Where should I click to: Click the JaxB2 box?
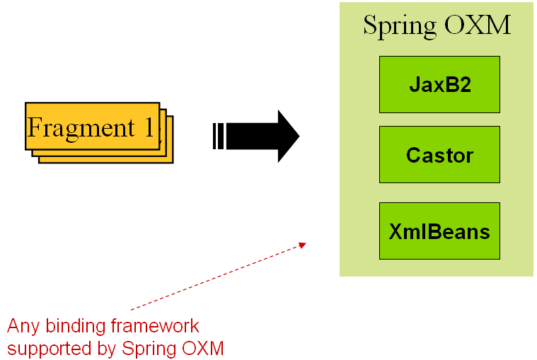pyautogui.click(x=439, y=85)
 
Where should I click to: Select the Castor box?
pyautogui.click(x=439, y=155)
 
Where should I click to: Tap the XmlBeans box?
pyautogui.click(x=439, y=231)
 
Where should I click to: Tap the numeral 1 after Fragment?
pyautogui.click(x=149, y=128)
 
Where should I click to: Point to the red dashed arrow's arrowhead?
pyautogui.click(x=303, y=245)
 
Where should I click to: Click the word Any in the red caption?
pyautogui.click(x=21, y=327)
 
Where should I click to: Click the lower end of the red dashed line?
pyautogui.click(x=132, y=309)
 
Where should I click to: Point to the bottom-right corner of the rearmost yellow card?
pyautogui.click(x=173, y=163)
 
